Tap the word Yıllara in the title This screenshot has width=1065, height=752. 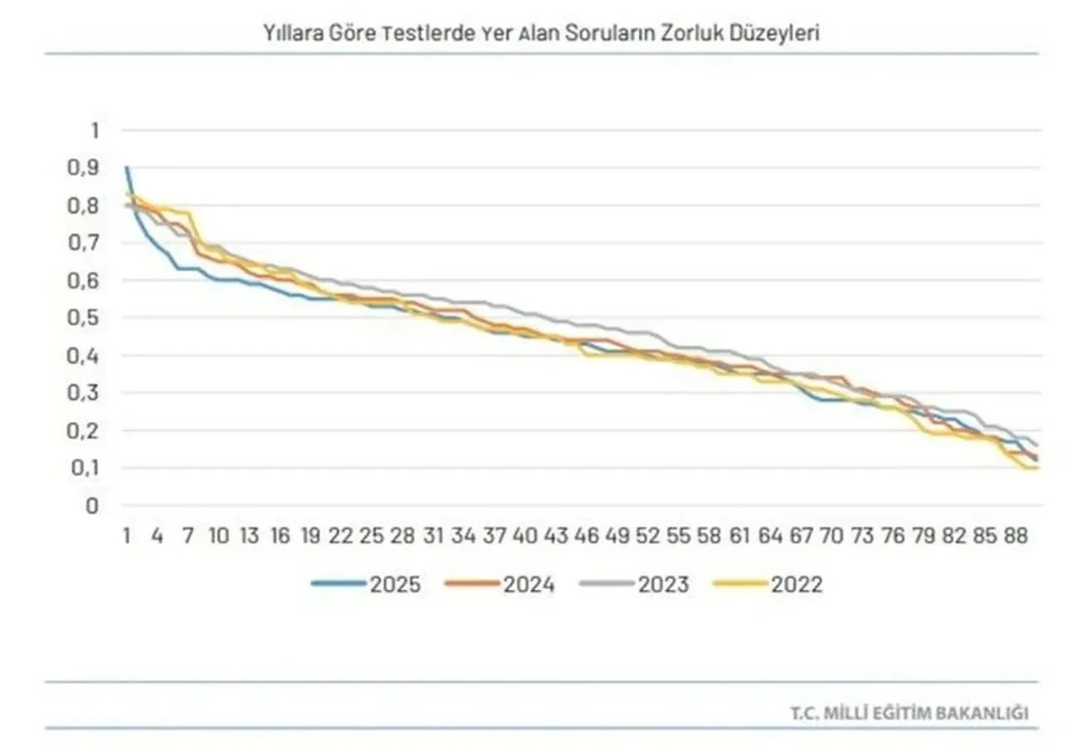(x=290, y=33)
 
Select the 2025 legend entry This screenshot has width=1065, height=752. (x=366, y=584)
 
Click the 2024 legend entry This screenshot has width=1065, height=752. (x=500, y=584)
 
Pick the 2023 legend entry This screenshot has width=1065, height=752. (x=635, y=584)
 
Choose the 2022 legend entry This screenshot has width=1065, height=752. (x=768, y=584)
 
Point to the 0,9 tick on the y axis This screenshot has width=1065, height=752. (x=83, y=167)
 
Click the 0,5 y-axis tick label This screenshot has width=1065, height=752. (x=83, y=318)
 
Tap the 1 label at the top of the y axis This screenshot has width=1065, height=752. (x=94, y=130)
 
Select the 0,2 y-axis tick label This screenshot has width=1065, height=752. (x=83, y=431)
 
